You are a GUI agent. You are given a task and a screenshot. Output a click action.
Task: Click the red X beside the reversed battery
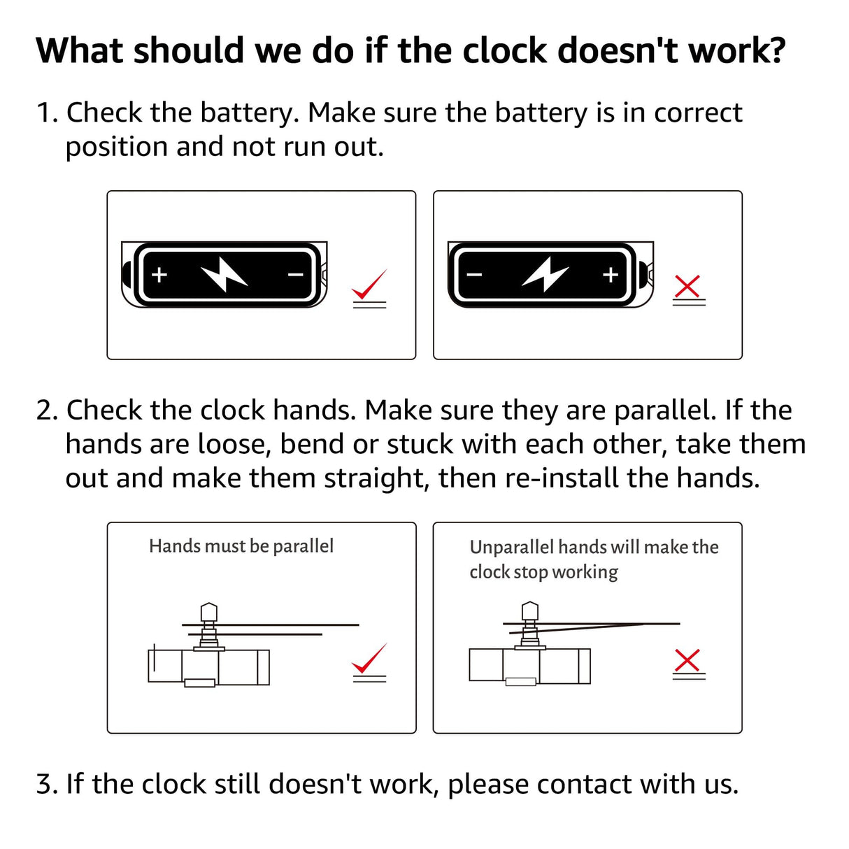[688, 286]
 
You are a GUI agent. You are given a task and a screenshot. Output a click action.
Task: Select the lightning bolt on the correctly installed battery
[224, 274]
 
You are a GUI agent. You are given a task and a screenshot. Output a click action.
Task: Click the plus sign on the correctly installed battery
[159, 275]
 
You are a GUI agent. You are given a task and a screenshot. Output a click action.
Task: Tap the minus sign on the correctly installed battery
[296, 275]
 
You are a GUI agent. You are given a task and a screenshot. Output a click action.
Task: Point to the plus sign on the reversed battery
[611, 275]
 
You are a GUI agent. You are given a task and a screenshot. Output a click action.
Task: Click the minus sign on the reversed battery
[475, 275]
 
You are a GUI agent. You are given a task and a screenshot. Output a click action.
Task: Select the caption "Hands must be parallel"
[241, 546]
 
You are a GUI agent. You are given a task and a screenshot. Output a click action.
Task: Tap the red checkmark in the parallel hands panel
[369, 659]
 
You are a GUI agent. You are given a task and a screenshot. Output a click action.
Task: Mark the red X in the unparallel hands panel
[688, 660]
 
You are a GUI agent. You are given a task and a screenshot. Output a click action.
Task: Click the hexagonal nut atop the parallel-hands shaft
[208, 612]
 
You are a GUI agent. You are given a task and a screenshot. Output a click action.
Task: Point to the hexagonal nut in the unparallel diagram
[530, 611]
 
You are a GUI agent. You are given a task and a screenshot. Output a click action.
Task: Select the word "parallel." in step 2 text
[664, 411]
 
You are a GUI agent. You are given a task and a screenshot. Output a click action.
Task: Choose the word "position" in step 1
[117, 148]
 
